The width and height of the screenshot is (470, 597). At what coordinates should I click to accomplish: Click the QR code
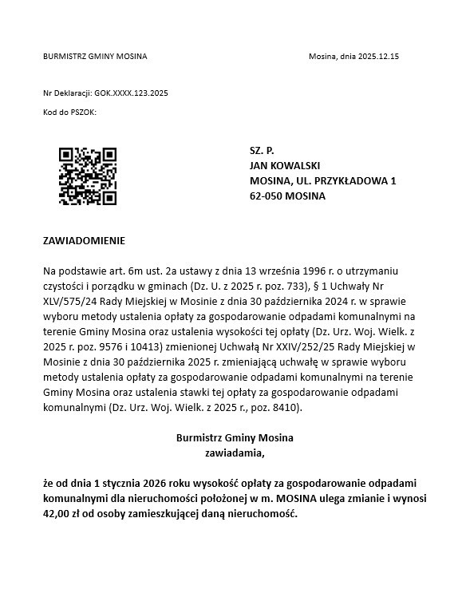88,176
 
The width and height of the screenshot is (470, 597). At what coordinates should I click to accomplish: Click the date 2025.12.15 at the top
378,57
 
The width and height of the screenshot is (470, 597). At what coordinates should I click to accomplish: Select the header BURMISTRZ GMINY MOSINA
95,57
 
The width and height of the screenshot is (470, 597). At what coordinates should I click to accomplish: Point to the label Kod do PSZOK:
69,113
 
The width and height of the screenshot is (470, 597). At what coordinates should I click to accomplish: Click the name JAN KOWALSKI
285,165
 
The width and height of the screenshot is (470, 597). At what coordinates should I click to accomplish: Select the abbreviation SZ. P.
262,150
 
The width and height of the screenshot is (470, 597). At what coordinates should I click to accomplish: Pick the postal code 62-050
266,196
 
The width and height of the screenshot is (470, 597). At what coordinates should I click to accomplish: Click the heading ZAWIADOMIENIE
84,240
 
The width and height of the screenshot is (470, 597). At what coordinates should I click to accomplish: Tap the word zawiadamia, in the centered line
235,453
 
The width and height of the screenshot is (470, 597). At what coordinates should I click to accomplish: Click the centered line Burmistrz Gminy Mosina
235,437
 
